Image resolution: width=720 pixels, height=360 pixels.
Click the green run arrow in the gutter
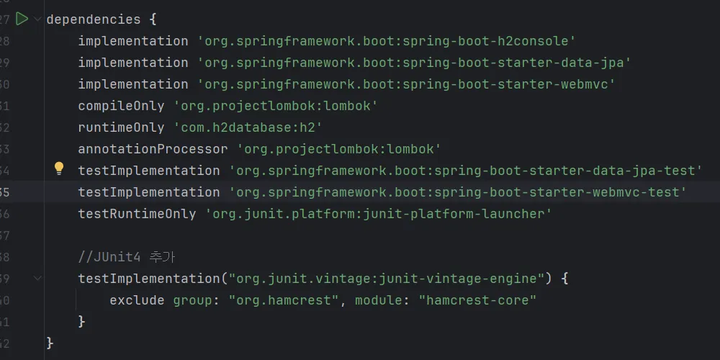click(22, 19)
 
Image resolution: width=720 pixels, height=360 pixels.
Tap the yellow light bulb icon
click(59, 169)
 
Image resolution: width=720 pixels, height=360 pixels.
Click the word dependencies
click(94, 19)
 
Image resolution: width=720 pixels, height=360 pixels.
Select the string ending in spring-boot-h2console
click(387, 41)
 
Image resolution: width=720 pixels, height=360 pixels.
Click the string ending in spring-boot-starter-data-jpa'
click(414, 63)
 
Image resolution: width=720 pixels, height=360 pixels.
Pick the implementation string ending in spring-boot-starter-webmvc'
click(406, 84)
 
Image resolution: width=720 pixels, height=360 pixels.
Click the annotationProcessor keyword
click(153, 149)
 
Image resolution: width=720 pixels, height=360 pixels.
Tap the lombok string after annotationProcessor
click(339, 149)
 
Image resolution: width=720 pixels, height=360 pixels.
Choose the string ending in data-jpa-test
click(466, 171)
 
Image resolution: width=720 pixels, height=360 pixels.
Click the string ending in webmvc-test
click(458, 192)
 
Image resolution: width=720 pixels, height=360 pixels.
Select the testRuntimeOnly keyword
click(138, 214)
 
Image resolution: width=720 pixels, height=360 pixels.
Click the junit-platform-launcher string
click(379, 214)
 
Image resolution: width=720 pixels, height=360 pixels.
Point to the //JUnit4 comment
click(127, 257)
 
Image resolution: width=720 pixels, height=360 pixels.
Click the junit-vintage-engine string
click(383, 278)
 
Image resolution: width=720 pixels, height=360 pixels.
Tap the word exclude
click(137, 300)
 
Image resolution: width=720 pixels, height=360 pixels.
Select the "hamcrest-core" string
click(477, 300)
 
